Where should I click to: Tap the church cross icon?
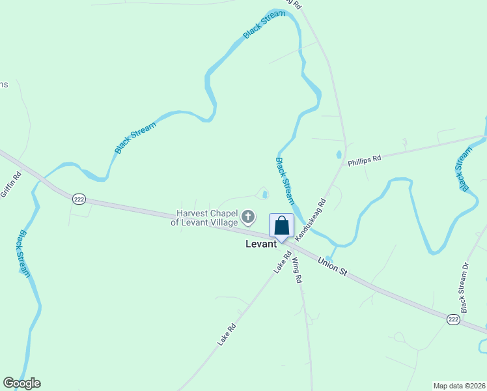[x=248, y=216]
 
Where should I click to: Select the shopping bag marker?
[x=281, y=226]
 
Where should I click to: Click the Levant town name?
[x=261, y=244]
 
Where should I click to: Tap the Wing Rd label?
[x=297, y=270]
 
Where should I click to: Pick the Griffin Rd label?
[x=11, y=183]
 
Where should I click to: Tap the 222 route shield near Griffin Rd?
[x=79, y=199]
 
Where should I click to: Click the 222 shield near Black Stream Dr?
[x=454, y=319]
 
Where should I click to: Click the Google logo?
[x=21, y=383]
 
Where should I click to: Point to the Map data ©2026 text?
[x=459, y=385]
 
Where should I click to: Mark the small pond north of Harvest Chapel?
[x=264, y=194]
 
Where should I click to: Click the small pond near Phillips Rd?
[x=338, y=155]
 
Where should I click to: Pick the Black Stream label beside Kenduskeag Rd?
[x=285, y=181]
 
